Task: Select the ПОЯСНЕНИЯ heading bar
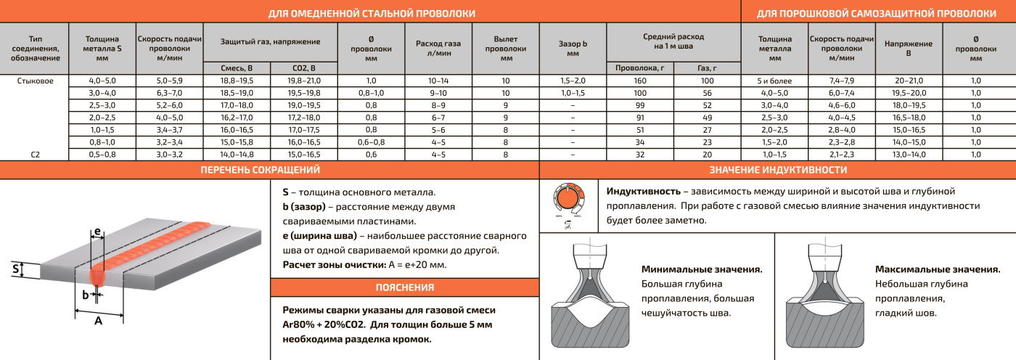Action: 404,287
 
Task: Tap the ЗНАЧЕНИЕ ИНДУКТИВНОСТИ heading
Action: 777,170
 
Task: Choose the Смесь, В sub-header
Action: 237,67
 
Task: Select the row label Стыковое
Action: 35,81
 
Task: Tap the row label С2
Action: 35,155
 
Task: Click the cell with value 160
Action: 639,81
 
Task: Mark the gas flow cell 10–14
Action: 438,81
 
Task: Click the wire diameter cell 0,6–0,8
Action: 371,142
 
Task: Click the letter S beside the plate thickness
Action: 15,270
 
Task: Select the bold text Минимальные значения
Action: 702,269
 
